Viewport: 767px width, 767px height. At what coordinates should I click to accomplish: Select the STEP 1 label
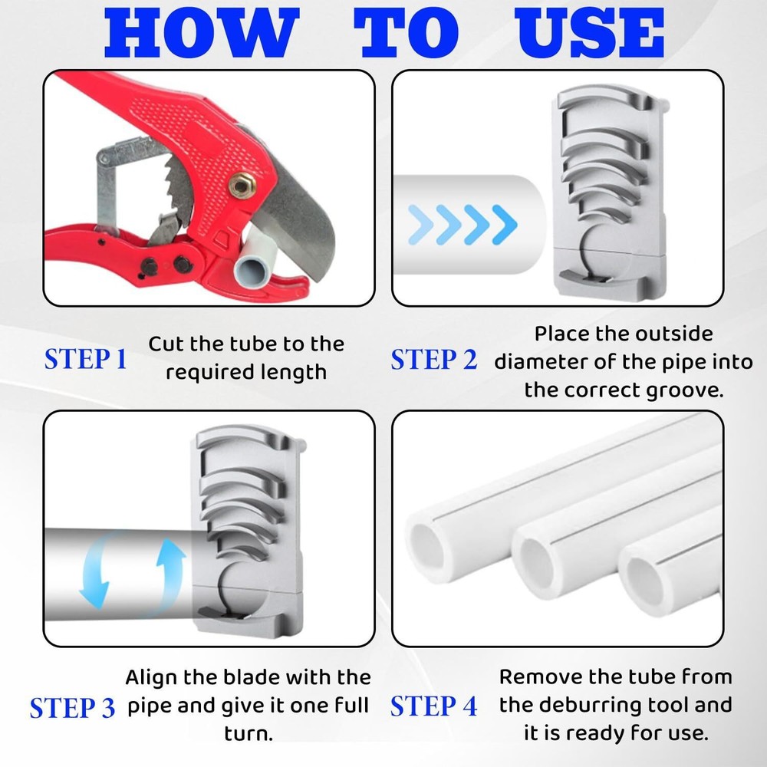coord(85,359)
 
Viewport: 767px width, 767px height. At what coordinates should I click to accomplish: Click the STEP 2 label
coord(433,359)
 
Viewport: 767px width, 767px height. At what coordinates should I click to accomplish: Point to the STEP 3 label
coord(72,707)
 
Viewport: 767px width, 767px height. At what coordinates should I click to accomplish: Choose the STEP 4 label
coord(433,706)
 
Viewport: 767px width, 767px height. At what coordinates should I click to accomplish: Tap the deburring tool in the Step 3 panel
coord(245,529)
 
